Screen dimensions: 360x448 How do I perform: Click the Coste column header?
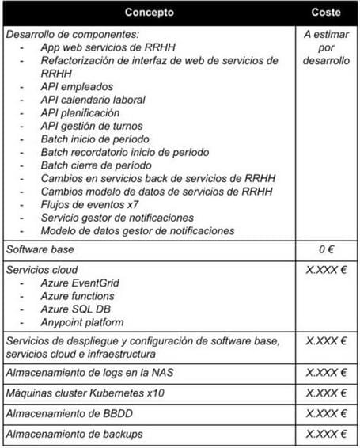[326, 13]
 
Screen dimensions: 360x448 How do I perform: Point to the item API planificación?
[80, 113]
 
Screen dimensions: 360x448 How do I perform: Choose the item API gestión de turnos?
[92, 126]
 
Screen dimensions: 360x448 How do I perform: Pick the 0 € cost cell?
[326, 249]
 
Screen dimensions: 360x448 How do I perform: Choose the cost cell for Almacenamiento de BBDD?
[326, 413]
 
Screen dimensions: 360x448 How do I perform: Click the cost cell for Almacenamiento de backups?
[326, 434]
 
